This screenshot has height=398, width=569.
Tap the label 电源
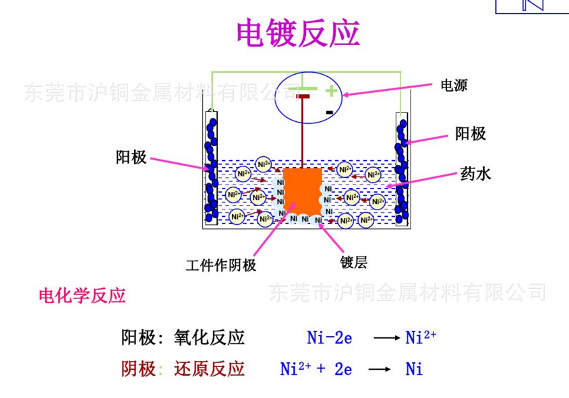click(x=453, y=86)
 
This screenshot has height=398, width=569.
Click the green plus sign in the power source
click(x=330, y=90)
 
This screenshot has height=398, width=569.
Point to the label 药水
click(x=475, y=174)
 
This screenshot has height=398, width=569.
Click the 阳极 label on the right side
click(x=470, y=134)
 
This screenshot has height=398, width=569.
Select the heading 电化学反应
click(x=82, y=296)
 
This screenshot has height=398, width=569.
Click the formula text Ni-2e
click(x=329, y=337)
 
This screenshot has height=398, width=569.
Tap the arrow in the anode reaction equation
click(x=386, y=337)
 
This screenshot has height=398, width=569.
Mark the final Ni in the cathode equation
click(x=414, y=369)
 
